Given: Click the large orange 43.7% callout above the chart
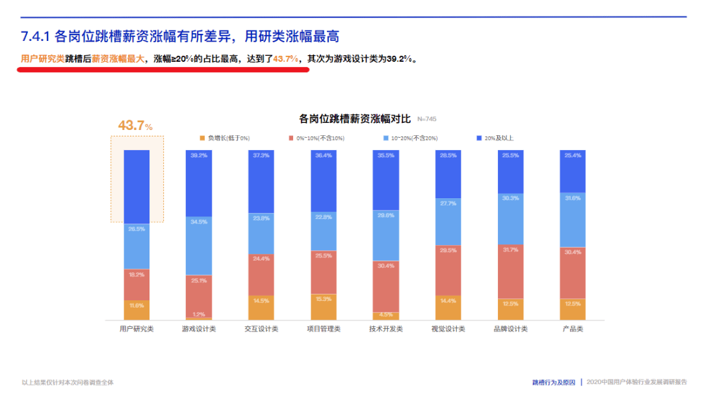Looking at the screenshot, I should pos(135,125).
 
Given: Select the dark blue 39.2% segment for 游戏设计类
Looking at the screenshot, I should pos(199,183).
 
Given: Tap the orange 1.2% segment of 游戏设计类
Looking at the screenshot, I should pos(199,318).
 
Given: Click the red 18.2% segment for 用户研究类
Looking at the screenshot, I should pos(136,284).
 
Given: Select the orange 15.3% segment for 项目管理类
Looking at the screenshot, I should pos(324,307).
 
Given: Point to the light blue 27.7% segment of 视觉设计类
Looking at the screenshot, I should pos(448,222).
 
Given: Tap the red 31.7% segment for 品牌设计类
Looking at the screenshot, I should pos(511,272).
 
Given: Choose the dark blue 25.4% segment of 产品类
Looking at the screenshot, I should pos(573,171).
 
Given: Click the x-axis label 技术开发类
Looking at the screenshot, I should pos(386,329).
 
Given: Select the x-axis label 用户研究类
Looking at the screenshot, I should pos(136,329).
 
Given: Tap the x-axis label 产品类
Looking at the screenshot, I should pos(573,329).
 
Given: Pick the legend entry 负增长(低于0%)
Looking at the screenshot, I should pos(224,138).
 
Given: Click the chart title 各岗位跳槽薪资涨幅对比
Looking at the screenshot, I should pos(355,119).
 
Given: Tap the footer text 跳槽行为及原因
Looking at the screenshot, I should pos(554,382).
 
